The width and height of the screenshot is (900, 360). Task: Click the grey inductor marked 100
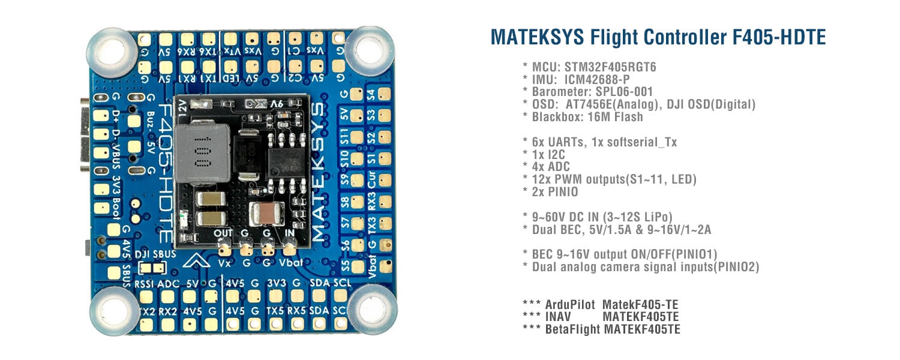click(x=203, y=154)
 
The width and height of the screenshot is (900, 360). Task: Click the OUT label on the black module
click(x=223, y=233)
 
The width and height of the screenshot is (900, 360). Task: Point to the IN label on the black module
click(x=290, y=233)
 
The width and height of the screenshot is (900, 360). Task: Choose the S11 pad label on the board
click(x=344, y=137)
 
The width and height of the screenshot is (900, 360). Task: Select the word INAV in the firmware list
click(x=559, y=317)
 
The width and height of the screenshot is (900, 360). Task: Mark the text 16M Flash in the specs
click(x=612, y=118)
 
